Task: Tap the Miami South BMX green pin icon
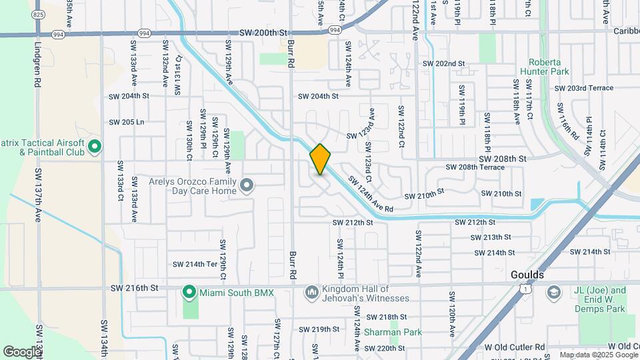coord(189,292)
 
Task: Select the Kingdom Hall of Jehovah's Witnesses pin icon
coord(311,292)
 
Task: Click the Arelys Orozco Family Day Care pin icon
coord(247,185)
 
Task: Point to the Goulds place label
coord(527,275)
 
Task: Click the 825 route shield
coord(38,15)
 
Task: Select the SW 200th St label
coord(263,32)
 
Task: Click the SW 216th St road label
coord(135,288)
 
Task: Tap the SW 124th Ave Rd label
coord(370,194)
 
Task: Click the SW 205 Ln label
coord(127,122)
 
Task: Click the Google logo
coord(21,351)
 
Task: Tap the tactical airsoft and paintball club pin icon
coord(94,145)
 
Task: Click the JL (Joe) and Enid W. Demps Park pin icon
coord(554,292)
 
